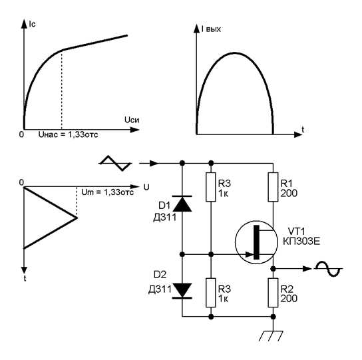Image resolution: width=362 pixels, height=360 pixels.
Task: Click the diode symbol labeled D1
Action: pyautogui.click(x=182, y=204)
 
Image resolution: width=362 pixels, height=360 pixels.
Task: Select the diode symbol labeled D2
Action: pyautogui.click(x=182, y=291)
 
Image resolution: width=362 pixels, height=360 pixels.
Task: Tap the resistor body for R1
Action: pyautogui.click(x=273, y=187)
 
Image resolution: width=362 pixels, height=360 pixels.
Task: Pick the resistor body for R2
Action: pyautogui.click(x=273, y=293)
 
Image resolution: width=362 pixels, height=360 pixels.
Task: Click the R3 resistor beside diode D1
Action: pyautogui.click(x=211, y=187)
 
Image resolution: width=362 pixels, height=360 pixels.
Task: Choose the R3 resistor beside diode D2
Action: pyautogui.click(x=211, y=293)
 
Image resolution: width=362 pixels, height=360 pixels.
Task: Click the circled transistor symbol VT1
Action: pyautogui.click(x=256, y=242)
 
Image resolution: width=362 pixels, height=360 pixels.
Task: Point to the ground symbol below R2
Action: pyautogui.click(x=271, y=336)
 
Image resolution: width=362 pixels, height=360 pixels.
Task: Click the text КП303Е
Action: pyautogui.click(x=301, y=242)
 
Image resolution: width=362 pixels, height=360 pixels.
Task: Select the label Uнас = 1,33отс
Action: pyautogui.click(x=68, y=134)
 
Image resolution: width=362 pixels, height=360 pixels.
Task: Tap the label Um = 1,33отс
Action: pyautogui.click(x=108, y=192)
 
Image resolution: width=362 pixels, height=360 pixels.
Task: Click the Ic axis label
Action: pyautogui.click(x=33, y=24)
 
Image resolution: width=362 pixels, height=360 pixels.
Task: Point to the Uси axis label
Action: pyautogui.click(x=132, y=120)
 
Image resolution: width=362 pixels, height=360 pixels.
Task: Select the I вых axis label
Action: pyautogui.click(x=211, y=29)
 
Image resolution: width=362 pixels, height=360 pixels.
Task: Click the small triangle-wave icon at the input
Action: pyautogui.click(x=115, y=163)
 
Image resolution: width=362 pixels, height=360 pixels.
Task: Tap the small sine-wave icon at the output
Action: pyautogui.click(x=329, y=269)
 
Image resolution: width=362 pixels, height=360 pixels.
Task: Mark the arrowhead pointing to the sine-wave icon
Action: pyautogui.click(x=307, y=269)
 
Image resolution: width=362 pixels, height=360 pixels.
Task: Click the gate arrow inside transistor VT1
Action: pyautogui.click(x=250, y=255)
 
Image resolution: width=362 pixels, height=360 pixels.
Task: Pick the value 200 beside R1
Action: pyautogui.click(x=289, y=193)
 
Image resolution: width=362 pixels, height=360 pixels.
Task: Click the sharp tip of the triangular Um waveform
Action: pyautogui.click(x=77, y=218)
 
